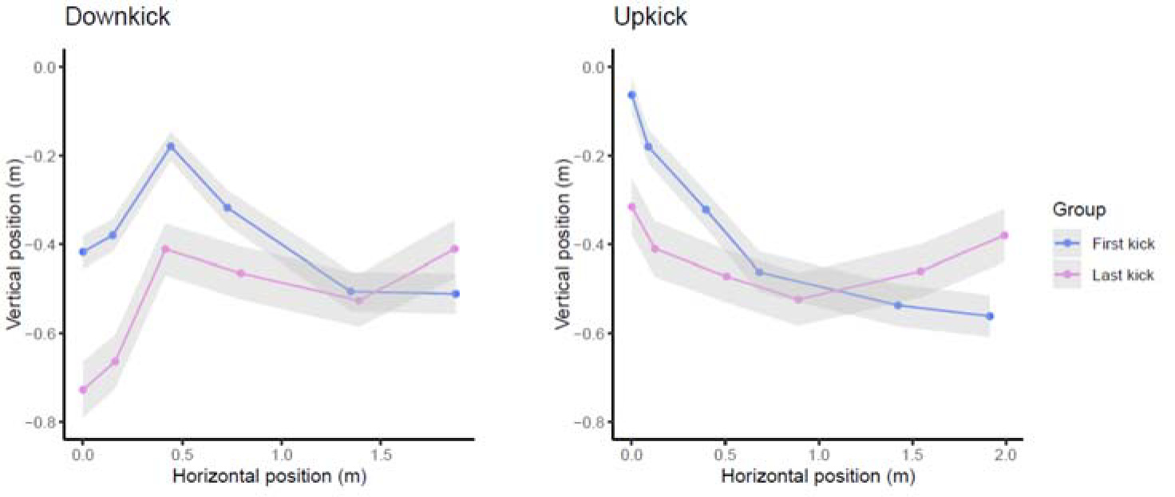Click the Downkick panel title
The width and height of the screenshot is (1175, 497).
click(x=117, y=17)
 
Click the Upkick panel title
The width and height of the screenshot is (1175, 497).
click(x=650, y=17)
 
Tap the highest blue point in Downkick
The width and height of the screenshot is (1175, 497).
click(x=170, y=146)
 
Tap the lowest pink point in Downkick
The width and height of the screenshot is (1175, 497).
click(x=83, y=389)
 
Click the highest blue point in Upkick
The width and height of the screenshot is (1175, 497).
click(x=631, y=95)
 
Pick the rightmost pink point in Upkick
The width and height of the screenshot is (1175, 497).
click(x=1004, y=235)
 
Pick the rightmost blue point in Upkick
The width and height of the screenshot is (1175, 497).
click(x=990, y=316)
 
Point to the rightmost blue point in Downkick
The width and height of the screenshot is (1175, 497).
click(x=456, y=294)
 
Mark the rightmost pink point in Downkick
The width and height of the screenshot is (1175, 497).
click(x=454, y=249)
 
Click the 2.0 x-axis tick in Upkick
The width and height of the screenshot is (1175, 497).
click(x=1005, y=454)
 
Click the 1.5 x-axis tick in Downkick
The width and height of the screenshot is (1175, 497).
click(x=379, y=454)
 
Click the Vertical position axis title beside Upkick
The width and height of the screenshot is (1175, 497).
click(x=561, y=243)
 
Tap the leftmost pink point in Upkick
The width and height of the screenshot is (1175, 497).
click(x=631, y=207)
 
